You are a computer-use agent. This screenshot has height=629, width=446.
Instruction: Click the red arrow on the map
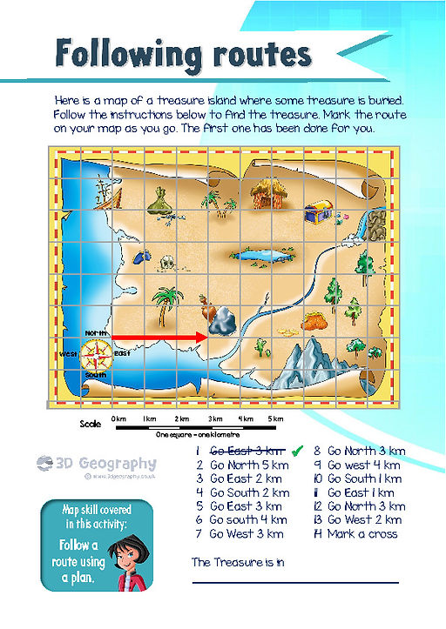point(162,336)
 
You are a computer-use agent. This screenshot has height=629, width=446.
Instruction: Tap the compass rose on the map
point(97,354)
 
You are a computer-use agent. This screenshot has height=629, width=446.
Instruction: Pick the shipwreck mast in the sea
point(105,191)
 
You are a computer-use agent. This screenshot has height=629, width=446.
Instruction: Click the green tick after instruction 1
point(297,450)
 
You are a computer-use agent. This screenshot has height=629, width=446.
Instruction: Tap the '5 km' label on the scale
point(275,419)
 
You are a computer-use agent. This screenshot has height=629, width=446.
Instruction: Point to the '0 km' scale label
point(119,419)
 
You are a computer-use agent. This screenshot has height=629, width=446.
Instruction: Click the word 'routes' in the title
point(255,55)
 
